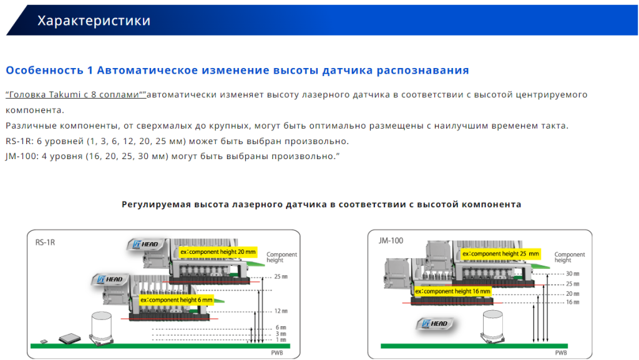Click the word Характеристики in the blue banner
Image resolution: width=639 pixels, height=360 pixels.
(x=94, y=21)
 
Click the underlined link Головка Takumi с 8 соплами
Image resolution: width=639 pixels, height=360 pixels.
(x=76, y=94)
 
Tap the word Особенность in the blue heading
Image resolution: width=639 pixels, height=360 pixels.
(x=45, y=71)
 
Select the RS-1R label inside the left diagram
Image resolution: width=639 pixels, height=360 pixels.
(x=45, y=242)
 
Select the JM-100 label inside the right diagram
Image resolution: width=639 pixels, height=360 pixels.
(x=391, y=241)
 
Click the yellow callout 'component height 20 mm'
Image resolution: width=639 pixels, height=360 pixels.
(x=218, y=252)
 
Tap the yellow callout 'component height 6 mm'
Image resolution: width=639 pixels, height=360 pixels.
(x=177, y=300)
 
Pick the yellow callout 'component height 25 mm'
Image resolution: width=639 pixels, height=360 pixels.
(x=500, y=254)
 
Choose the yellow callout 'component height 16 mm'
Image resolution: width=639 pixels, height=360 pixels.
(x=453, y=291)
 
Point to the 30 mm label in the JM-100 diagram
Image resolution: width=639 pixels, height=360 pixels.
(x=573, y=274)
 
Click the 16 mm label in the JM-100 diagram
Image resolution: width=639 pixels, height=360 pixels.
(x=573, y=302)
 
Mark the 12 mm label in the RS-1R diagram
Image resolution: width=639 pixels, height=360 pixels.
(x=281, y=311)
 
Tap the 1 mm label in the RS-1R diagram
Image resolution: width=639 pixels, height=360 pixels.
(x=281, y=339)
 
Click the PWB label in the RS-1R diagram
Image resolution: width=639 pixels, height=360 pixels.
(x=277, y=353)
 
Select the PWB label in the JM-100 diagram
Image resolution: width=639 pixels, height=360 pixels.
(x=561, y=353)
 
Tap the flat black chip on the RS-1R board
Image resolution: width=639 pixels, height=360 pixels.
(x=70, y=338)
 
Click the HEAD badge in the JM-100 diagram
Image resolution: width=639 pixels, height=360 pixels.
(x=435, y=324)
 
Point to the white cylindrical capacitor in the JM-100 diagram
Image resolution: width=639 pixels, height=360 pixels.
(x=493, y=326)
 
